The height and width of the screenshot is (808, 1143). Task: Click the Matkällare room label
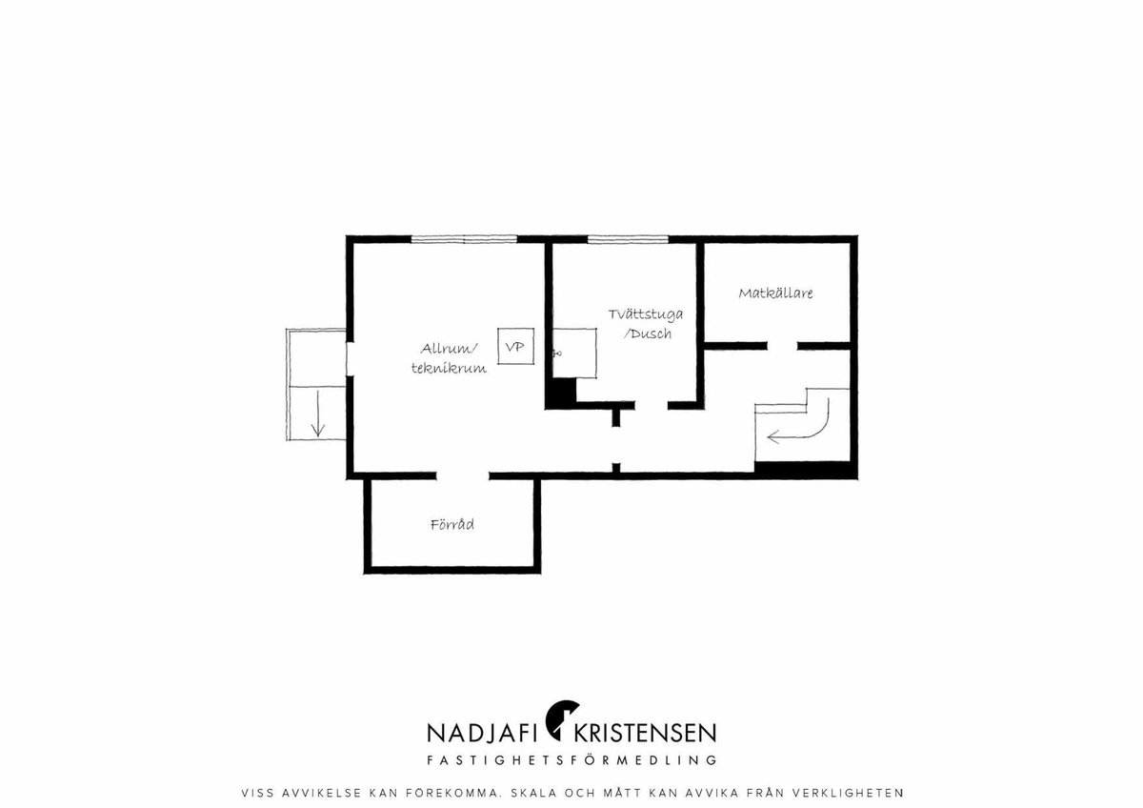pos(775,293)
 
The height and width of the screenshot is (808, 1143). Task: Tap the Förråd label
pos(452,524)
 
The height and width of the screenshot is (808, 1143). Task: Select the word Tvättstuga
pos(646,313)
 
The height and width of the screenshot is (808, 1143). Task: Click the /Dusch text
pos(648,333)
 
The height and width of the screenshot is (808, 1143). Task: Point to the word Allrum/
pos(449,349)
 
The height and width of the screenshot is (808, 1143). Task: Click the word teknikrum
pos(449,368)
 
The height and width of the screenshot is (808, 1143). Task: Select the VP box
pos(516,346)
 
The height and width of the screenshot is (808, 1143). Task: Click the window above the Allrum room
pos(465,238)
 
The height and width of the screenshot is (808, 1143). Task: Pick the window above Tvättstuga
pos(628,238)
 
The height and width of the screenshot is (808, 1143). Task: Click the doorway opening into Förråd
pos(463,475)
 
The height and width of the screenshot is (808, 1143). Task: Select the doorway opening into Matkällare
pos(782,346)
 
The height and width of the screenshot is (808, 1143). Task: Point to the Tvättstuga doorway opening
pos(652,405)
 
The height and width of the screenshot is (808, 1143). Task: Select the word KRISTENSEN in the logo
pos(646,733)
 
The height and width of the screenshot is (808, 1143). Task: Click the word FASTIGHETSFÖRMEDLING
pos(572,760)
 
